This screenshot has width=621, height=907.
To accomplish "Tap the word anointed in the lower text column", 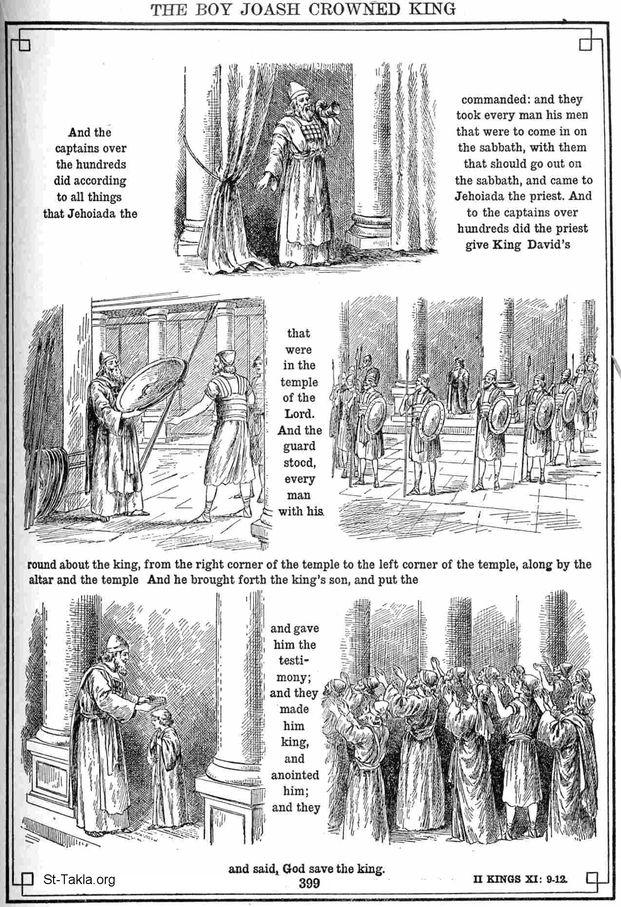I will (x=295, y=775).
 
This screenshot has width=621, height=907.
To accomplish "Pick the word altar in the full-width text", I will (x=41, y=580).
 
